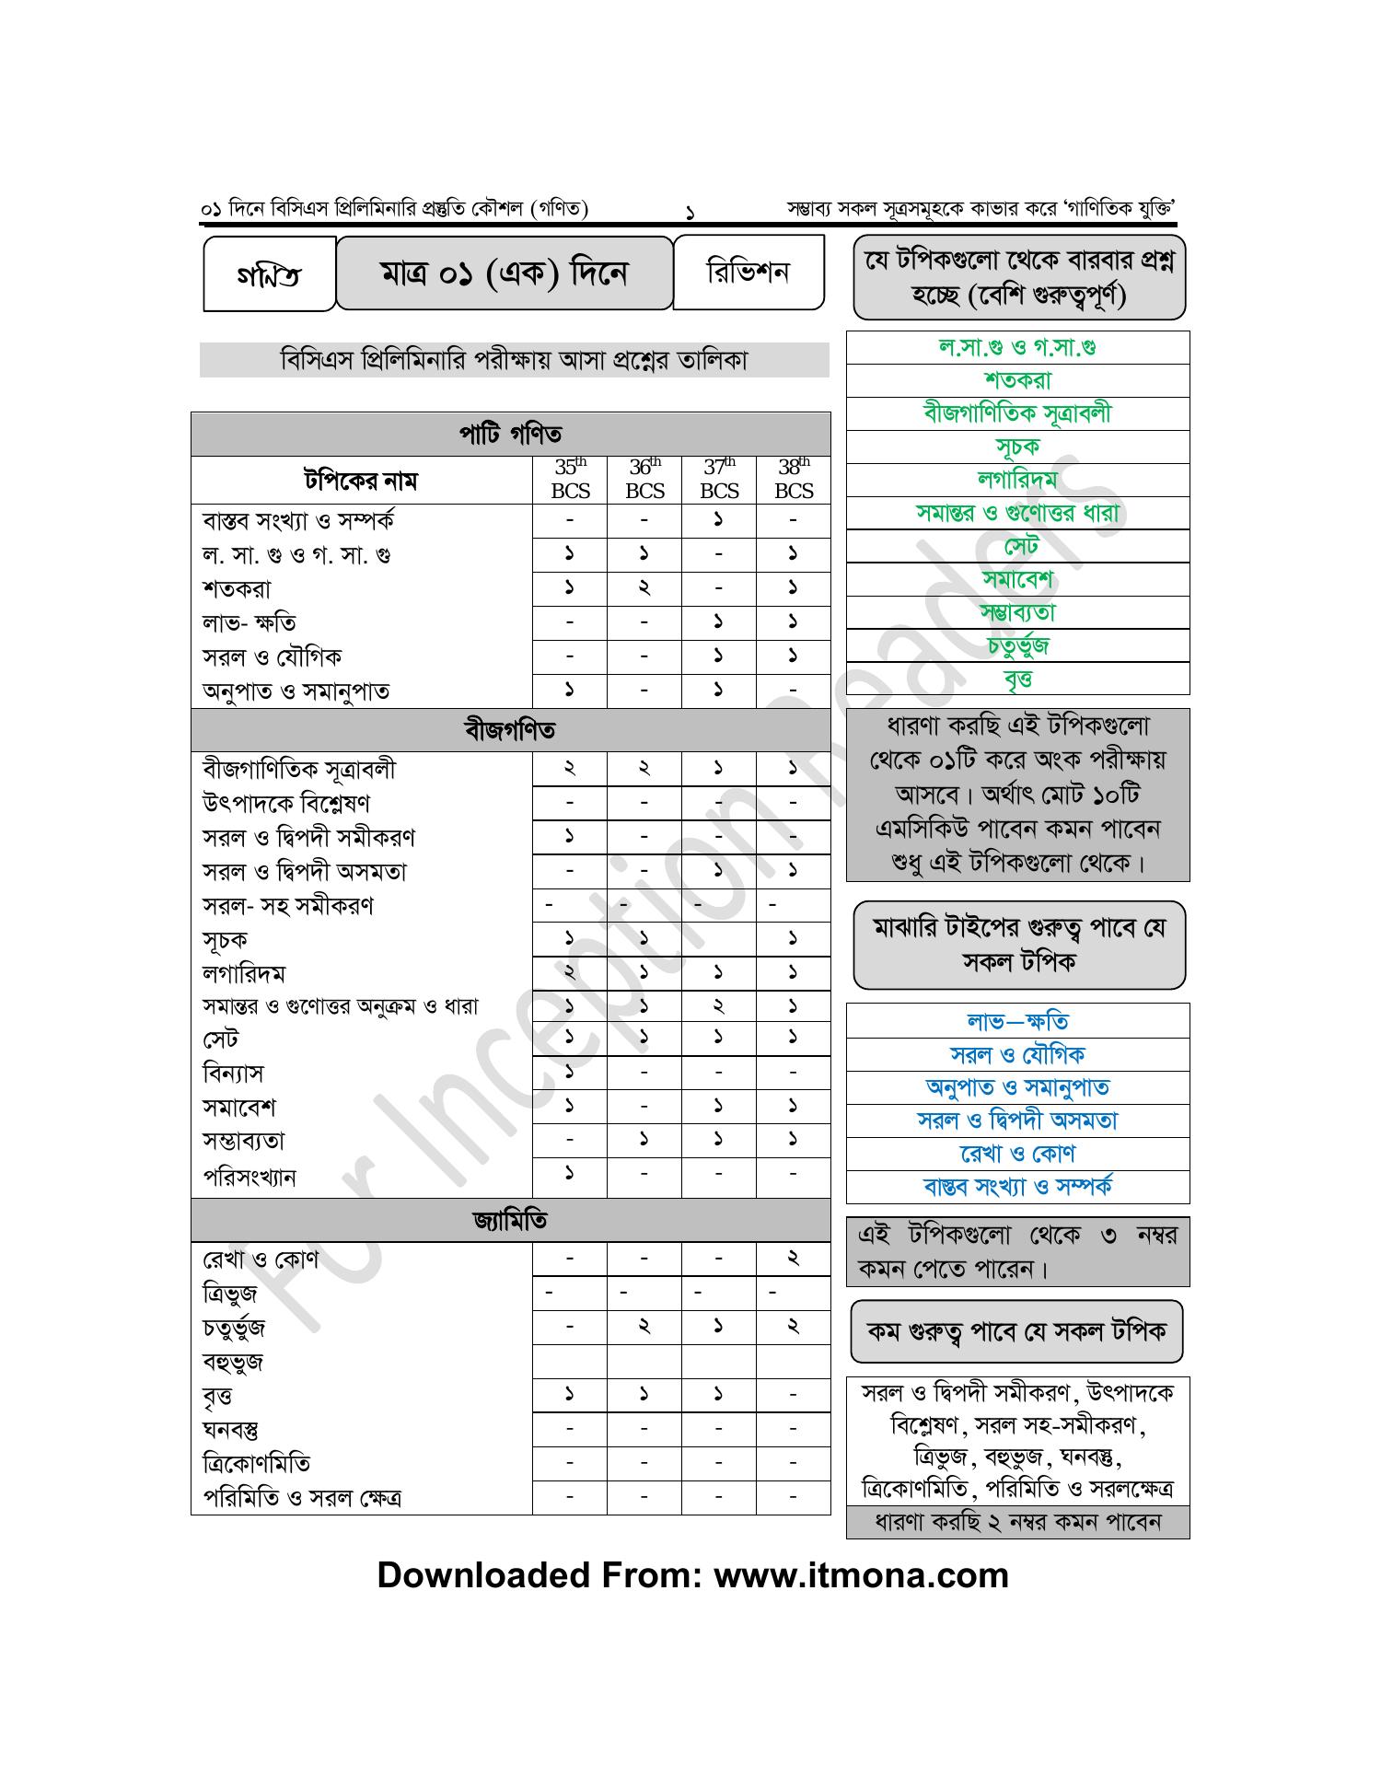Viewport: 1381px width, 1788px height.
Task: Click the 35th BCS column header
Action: click(570, 479)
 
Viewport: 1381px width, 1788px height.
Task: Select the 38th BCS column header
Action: click(794, 479)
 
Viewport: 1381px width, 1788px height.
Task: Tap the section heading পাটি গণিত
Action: click(510, 434)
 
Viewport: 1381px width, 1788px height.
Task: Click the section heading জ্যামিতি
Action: click(510, 1221)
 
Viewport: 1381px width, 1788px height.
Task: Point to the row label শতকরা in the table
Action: click(237, 589)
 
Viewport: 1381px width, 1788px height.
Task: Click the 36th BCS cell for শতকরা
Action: click(644, 587)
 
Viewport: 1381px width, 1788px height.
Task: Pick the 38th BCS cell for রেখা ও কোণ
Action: click(794, 1259)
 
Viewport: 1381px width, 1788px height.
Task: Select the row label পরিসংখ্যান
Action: click(250, 1178)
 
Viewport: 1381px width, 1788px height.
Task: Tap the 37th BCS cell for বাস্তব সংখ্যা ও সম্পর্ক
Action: click(718, 520)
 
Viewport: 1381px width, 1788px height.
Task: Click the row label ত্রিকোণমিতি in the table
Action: click(256, 1464)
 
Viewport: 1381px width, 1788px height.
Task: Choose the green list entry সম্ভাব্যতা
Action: click(1017, 613)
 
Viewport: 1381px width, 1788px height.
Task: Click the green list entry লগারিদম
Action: click(1017, 480)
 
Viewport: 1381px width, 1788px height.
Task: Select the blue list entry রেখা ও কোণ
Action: click(1017, 1154)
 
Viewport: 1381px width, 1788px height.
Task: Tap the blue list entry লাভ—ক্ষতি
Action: click(1017, 1021)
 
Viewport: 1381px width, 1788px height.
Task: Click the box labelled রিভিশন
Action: click(748, 273)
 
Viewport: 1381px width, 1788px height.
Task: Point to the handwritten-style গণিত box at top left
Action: click(269, 275)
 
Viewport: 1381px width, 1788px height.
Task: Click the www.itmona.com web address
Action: click(861, 1575)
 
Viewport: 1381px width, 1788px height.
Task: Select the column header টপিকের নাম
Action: click(361, 481)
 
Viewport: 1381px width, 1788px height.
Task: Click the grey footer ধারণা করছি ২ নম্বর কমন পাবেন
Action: click(1017, 1522)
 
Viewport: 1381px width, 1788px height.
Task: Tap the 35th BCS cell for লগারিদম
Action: click(570, 972)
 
